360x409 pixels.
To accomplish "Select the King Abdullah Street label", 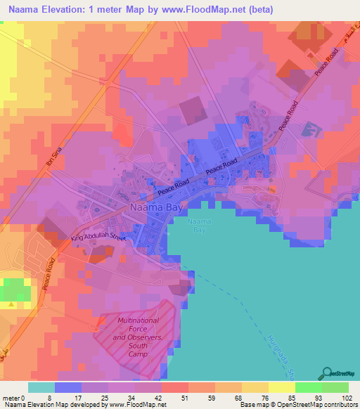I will pyautogui.click(x=98, y=239).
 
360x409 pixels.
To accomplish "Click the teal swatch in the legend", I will pyautogui.click(x=41, y=387).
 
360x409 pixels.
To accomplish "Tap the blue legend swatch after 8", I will pyautogui.click(x=67, y=387).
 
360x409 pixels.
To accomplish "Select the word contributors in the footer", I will pyautogui.click(x=340, y=405).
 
